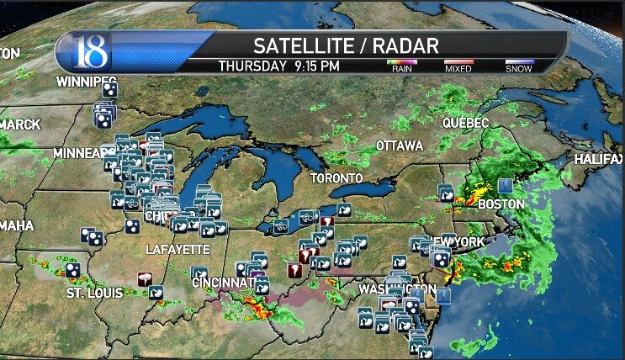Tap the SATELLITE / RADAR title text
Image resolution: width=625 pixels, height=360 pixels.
point(346,45)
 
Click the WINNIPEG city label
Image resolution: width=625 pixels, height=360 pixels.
point(85,82)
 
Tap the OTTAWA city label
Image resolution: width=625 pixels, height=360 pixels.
point(399,146)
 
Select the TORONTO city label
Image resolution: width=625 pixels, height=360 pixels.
point(336,178)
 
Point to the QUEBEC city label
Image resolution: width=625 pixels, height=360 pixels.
point(466,123)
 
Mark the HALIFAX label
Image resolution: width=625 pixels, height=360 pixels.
point(599,159)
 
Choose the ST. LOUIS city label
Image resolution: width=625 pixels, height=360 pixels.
point(94,293)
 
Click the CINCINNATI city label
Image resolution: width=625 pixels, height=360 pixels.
point(224,283)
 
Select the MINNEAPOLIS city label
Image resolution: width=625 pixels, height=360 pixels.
point(84,154)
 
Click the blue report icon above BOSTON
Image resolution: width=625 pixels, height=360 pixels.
point(504,185)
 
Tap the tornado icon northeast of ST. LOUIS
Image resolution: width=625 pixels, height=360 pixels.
point(146,278)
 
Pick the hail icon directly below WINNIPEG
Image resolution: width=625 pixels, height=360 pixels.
point(109,88)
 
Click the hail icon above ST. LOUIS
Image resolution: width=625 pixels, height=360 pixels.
point(74,269)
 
